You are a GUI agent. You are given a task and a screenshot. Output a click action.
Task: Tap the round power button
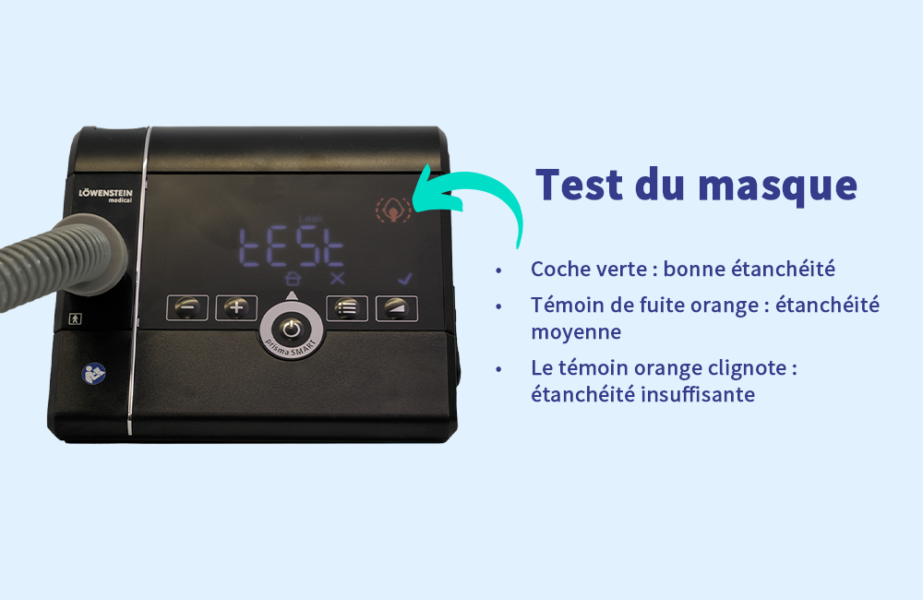pyautogui.click(x=292, y=330)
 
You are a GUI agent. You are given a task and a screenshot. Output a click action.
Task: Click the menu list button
pyautogui.click(x=347, y=308)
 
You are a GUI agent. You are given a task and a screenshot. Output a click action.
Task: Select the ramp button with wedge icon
pyautogui.click(x=397, y=308)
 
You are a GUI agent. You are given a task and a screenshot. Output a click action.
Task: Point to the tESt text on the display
pyautogui.click(x=292, y=247)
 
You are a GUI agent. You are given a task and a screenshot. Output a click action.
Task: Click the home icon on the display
pyautogui.click(x=293, y=278)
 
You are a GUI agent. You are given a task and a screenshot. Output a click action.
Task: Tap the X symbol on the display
pyautogui.click(x=337, y=279)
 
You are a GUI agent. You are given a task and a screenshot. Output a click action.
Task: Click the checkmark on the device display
pyautogui.click(x=405, y=279)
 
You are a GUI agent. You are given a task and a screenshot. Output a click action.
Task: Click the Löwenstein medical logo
pyautogui.click(x=106, y=196)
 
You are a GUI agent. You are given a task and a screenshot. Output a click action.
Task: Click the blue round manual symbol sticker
pyautogui.click(x=93, y=373)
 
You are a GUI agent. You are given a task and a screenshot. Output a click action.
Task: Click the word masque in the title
pyautogui.click(x=777, y=186)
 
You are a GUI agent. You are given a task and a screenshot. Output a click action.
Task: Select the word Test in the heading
pyautogui.click(x=580, y=185)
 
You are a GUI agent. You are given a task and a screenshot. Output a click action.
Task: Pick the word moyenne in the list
pyautogui.click(x=576, y=332)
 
